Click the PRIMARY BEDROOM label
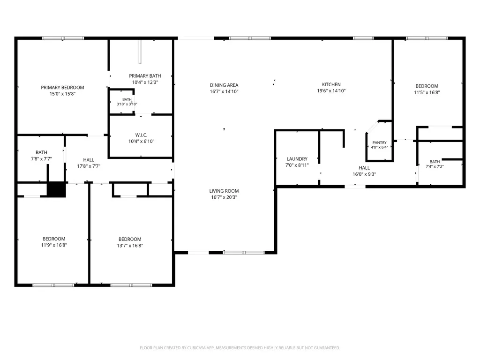click(x=62, y=88)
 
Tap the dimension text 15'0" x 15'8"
click(x=62, y=94)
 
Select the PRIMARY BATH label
click(x=145, y=76)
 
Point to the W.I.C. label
click(x=141, y=135)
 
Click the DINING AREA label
click(x=224, y=85)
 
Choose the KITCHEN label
click(x=331, y=84)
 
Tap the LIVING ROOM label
click(x=224, y=191)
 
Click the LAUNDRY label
click(x=297, y=159)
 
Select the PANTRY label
click(x=379, y=142)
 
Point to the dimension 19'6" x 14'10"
click(x=331, y=91)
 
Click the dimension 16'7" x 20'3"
click(x=224, y=197)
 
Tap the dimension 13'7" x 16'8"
click(x=130, y=246)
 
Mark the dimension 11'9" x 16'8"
click(x=54, y=245)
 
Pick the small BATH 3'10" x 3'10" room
click(x=122, y=102)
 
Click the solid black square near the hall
click(x=56, y=190)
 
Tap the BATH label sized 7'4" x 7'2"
click(x=435, y=162)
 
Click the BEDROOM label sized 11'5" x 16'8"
click(x=427, y=86)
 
